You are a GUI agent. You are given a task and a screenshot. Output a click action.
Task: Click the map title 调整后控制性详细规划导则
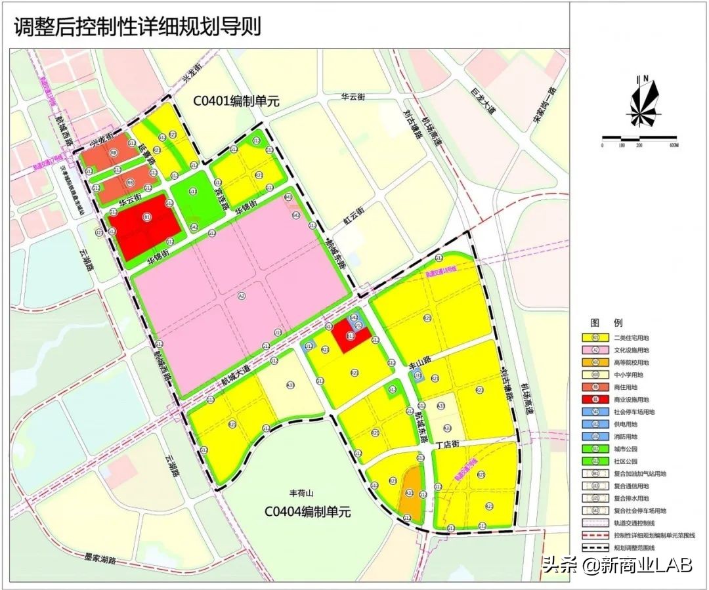coord(137,27)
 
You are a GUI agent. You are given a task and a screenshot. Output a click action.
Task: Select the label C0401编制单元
coord(236,101)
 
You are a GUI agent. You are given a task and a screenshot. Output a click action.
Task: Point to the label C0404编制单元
coord(307,511)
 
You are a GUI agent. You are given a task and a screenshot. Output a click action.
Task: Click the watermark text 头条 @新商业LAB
coord(616,566)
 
